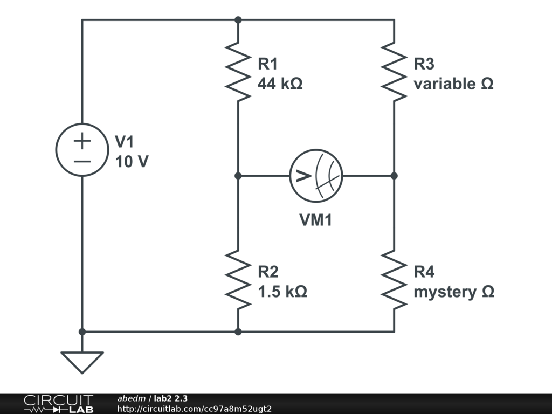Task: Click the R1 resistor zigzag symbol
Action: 238,71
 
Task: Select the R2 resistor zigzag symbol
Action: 238,279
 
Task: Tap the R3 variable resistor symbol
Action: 394,71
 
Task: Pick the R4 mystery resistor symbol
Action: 394,279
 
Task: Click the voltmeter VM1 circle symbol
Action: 316,176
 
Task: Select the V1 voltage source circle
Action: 82,150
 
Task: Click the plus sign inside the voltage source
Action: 82,141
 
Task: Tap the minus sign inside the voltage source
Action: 82,160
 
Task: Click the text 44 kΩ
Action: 280,84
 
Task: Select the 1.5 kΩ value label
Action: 282,292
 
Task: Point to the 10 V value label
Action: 132,161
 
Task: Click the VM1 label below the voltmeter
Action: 316,220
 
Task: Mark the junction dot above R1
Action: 238,20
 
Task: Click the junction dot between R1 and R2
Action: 238,176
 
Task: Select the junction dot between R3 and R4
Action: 394,176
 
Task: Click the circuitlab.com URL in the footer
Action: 194,409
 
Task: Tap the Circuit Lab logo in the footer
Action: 58,404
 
